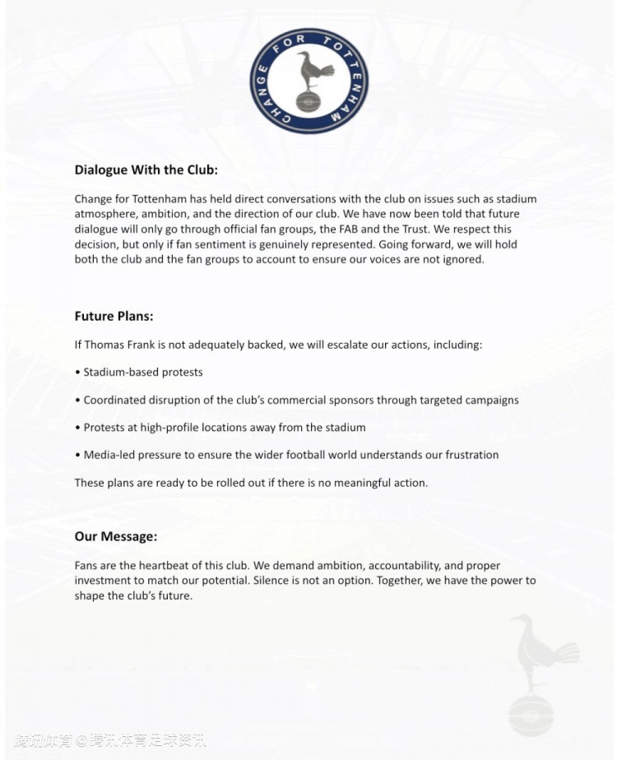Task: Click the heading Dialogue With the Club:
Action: (x=146, y=170)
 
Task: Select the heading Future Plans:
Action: (x=114, y=316)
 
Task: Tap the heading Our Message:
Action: (x=115, y=536)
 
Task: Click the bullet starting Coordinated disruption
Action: (x=300, y=400)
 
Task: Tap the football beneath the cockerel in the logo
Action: (x=308, y=103)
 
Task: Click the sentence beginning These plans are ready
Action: (x=251, y=483)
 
